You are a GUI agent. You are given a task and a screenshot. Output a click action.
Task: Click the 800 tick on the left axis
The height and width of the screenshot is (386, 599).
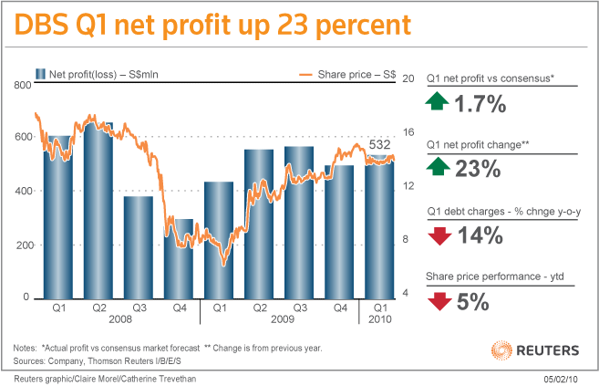[x=22, y=85]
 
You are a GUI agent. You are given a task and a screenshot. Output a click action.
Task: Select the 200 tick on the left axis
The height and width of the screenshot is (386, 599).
[x=22, y=245]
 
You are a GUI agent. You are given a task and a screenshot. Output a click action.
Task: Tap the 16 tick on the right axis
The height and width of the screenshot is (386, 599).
[x=409, y=131]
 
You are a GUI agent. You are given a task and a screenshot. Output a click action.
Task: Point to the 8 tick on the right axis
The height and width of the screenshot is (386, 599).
[x=409, y=240]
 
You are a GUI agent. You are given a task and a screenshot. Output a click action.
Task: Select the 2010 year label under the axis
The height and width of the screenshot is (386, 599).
[x=379, y=321]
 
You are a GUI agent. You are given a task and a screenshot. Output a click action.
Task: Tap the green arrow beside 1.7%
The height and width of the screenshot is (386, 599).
[x=439, y=102]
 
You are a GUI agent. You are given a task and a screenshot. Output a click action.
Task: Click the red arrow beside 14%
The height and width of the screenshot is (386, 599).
[x=439, y=235]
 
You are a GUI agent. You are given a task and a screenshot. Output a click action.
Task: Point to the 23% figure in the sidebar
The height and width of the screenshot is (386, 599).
[x=479, y=169]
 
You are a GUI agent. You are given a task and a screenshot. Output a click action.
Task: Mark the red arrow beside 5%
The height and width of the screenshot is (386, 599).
[x=439, y=300]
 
